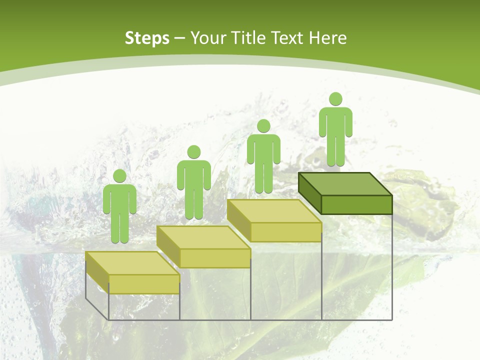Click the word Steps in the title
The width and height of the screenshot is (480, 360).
coord(147,38)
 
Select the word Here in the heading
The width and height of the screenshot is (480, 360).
coord(327,38)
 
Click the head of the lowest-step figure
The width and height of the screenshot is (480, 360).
coord(119,176)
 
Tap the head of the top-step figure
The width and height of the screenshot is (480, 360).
coord(335,99)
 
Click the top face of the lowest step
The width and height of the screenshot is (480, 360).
coord(132,263)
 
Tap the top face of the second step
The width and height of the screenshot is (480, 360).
coord(203,237)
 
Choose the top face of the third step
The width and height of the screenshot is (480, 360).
coord(274,211)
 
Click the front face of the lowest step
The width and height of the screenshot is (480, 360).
coord(144,284)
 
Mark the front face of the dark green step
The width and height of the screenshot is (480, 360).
coord(356,204)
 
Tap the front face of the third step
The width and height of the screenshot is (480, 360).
coord(285,232)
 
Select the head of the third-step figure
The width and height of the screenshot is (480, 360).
coord(263,125)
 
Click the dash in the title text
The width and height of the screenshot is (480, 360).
coord(180,38)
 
